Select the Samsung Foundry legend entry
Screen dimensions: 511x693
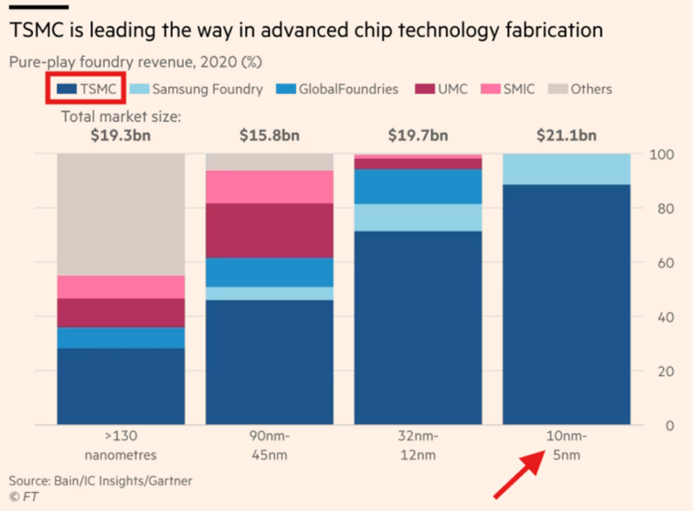[196, 89]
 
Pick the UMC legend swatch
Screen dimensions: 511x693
[425, 89]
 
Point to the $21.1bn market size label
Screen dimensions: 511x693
[566, 135]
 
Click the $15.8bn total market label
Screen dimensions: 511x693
[269, 135]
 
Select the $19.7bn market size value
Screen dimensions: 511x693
[418, 135]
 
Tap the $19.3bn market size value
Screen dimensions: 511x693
[121, 135]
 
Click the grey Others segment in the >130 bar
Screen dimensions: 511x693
[121, 214]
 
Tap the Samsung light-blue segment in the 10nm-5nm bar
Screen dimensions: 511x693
[566, 169]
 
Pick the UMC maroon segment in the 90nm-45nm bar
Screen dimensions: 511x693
[269, 230]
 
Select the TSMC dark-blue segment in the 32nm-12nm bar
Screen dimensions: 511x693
[418, 328]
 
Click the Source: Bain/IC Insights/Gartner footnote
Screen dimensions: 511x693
[100, 481]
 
